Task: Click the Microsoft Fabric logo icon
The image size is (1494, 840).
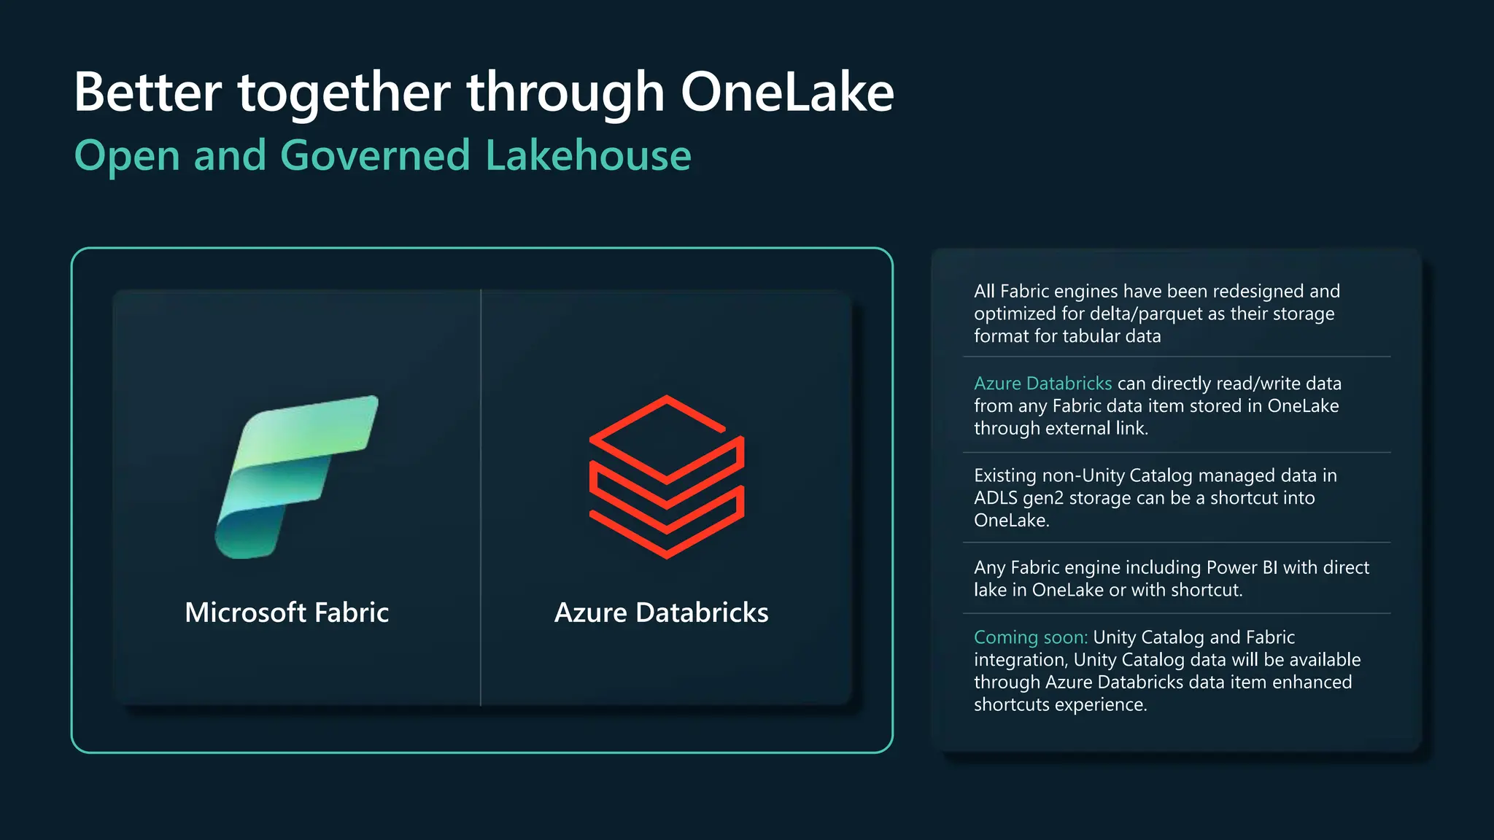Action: pos(296,478)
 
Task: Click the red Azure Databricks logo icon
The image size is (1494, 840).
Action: pos(666,477)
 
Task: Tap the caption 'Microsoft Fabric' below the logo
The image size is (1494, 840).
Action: pos(287,612)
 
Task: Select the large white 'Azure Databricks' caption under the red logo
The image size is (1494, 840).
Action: pos(661,612)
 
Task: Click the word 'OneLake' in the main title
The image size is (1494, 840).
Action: pos(787,93)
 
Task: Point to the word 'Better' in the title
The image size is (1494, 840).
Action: pos(148,93)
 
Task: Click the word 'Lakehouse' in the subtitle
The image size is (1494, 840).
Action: pos(588,155)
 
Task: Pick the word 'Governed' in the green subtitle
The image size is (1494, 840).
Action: pos(375,155)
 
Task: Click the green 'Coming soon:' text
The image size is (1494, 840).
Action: pos(1030,637)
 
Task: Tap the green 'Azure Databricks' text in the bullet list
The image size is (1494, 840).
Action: pos(1042,384)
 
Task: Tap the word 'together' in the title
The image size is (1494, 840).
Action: pos(344,93)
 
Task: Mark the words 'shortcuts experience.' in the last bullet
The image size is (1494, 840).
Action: pos(1060,704)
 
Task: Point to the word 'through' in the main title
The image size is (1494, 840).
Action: pos(565,93)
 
